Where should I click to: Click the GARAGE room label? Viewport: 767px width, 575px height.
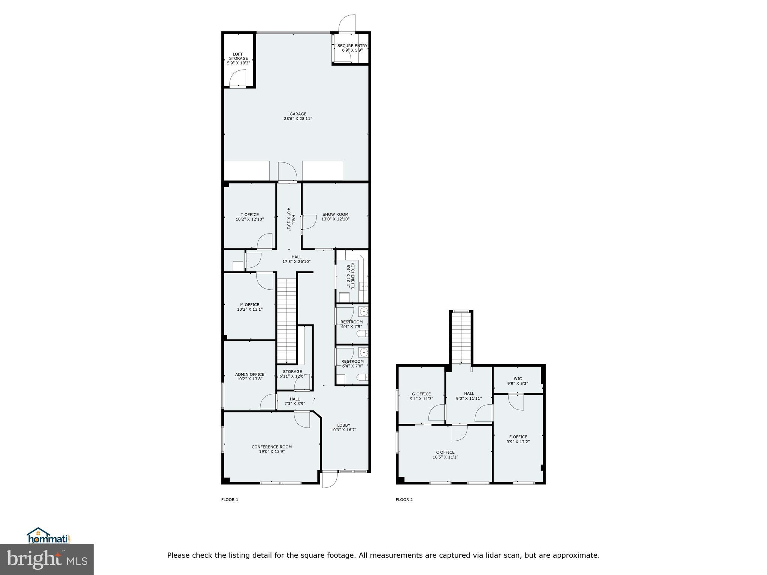point(298,114)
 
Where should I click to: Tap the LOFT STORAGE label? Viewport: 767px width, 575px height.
point(238,57)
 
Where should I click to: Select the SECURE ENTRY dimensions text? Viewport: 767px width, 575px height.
point(352,50)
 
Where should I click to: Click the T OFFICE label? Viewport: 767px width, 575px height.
point(249,215)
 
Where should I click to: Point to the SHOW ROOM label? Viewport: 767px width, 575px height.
point(335,215)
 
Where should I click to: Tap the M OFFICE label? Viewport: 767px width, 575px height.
point(249,305)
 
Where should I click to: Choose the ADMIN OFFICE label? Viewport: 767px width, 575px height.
point(249,374)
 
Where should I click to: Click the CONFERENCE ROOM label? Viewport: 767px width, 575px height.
point(272,447)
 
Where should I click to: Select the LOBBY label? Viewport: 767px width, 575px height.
point(343,425)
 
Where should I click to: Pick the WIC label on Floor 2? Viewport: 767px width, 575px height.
point(518,379)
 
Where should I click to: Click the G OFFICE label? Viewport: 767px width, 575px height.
point(421,394)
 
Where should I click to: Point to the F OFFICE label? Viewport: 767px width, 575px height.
point(518,437)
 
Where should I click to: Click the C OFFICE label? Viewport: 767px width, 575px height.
point(445,452)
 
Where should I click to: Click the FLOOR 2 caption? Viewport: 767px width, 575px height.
point(404,500)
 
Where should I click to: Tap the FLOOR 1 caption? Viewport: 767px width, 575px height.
point(230,500)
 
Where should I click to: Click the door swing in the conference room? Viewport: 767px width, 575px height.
point(302,419)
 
